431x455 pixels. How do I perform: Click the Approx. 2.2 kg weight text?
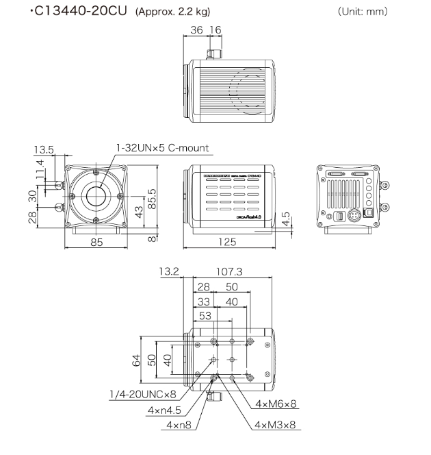[174, 12]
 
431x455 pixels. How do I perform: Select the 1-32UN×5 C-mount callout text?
[161, 147]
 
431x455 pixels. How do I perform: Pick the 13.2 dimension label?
[168, 272]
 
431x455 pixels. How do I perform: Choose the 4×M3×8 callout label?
[276, 425]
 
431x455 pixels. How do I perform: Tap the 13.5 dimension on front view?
[44, 149]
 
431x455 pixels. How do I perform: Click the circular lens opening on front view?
[96, 195]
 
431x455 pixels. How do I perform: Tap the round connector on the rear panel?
[354, 216]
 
